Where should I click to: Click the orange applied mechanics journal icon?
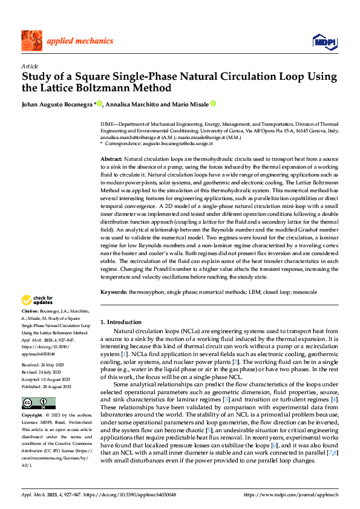coord(31,41)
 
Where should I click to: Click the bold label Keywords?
coord(114,291)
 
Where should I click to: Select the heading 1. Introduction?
coord(121,322)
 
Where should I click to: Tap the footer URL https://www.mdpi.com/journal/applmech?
coord(290,495)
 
